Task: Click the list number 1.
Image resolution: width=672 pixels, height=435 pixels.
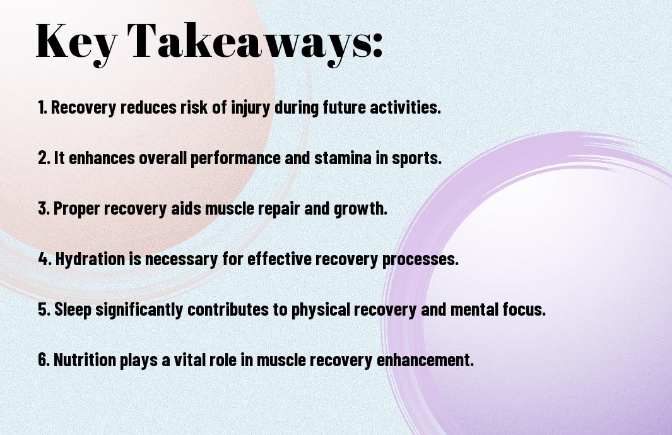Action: (x=42, y=107)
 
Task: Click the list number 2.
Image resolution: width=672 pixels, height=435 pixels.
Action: (x=44, y=158)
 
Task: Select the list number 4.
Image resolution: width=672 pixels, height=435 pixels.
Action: (x=45, y=259)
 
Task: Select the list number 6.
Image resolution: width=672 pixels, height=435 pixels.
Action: (x=44, y=359)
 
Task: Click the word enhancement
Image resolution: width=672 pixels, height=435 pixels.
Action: (x=425, y=359)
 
